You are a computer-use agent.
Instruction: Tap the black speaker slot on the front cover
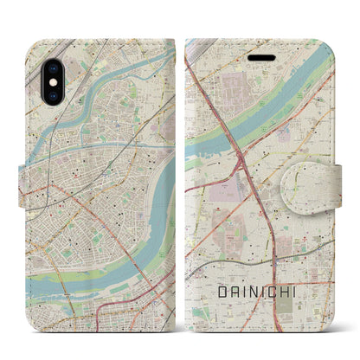(x=260, y=53)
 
